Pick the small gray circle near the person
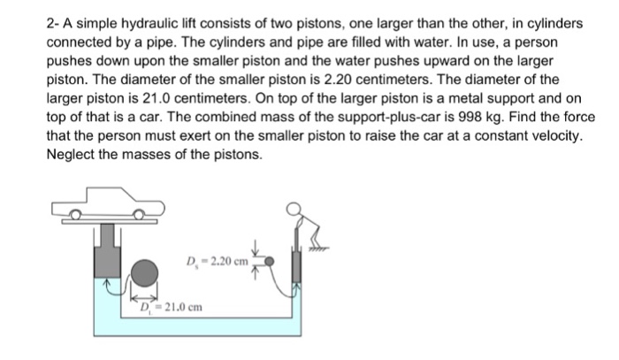point(271,262)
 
